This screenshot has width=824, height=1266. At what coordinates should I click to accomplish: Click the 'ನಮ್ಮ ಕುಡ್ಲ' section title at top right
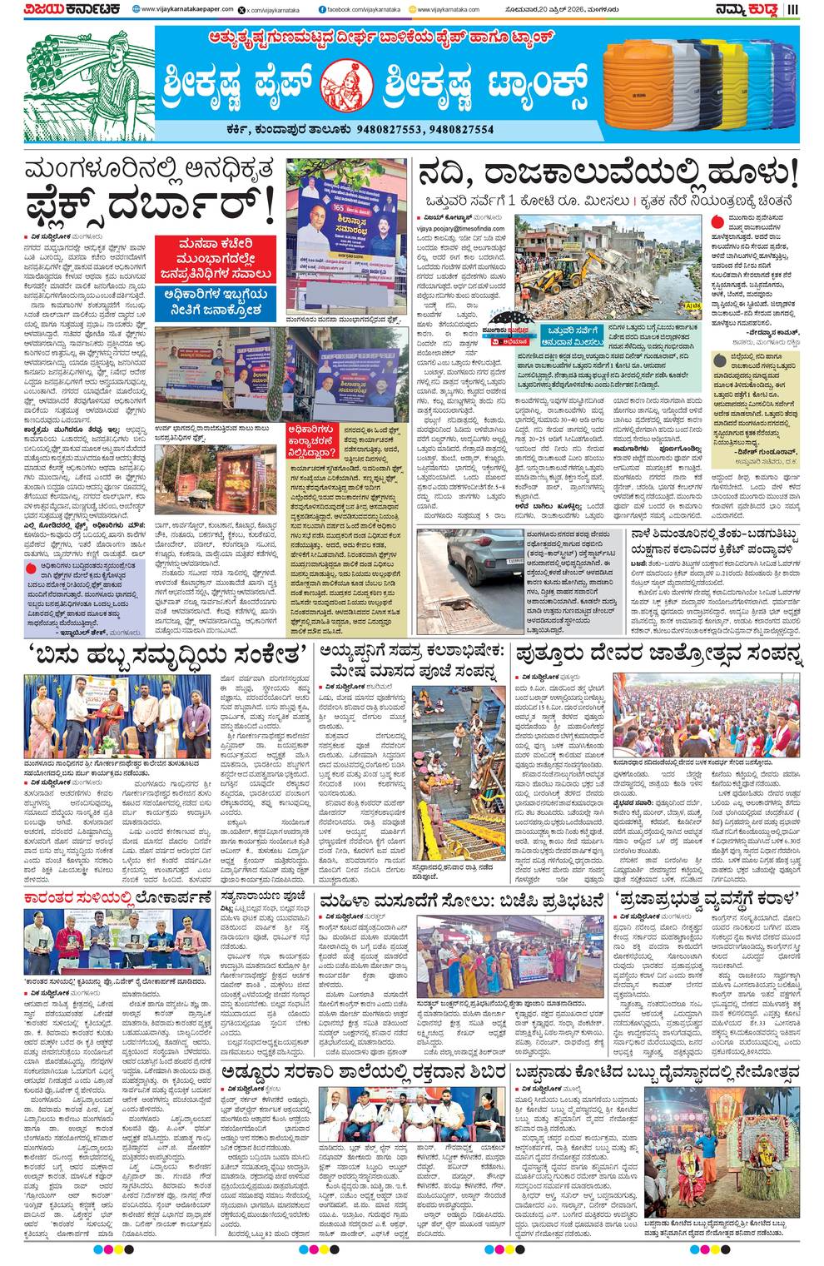pos(753,10)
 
